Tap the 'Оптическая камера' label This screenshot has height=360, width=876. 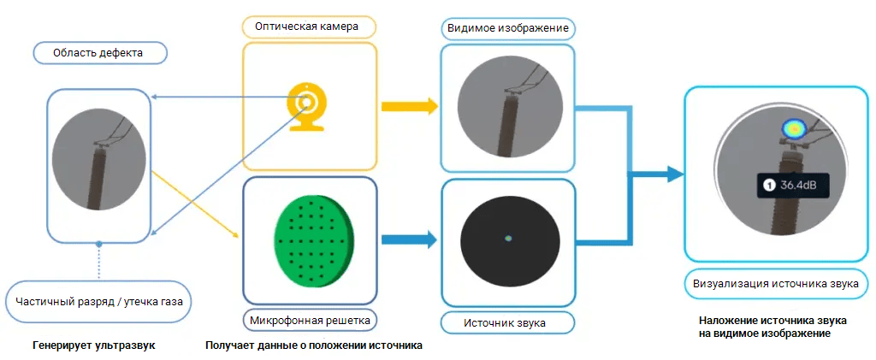click(x=306, y=27)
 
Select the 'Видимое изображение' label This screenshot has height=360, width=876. click(x=508, y=28)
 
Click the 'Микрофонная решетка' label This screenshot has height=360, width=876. click(x=309, y=321)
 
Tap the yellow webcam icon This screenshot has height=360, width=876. click(x=306, y=107)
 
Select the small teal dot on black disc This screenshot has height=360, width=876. click(x=508, y=238)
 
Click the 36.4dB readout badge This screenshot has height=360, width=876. click(x=795, y=184)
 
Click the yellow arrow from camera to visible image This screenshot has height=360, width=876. click(x=408, y=107)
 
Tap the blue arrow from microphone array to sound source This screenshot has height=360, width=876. click(x=408, y=239)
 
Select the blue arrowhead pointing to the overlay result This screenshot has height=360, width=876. click(x=676, y=174)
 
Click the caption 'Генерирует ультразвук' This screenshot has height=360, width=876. click(x=94, y=346)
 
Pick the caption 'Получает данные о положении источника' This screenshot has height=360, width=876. click(x=315, y=346)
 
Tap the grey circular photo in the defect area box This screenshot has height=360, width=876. click(x=99, y=162)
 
